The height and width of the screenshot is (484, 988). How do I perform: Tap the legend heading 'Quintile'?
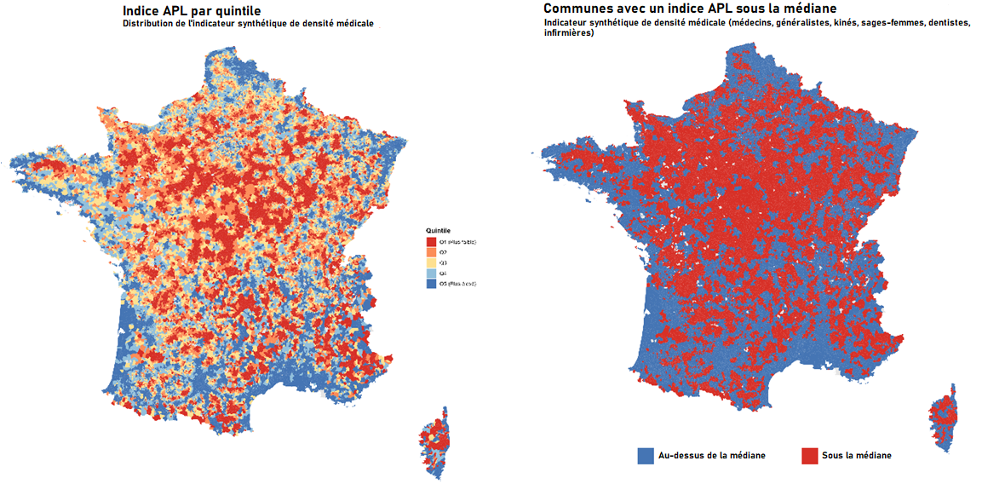(x=439, y=231)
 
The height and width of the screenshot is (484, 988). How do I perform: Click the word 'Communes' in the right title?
(x=578, y=9)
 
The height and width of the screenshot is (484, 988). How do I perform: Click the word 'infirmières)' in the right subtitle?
(x=569, y=34)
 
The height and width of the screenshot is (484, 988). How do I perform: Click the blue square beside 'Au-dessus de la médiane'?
(x=646, y=456)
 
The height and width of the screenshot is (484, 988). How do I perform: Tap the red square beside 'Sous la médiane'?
(x=810, y=456)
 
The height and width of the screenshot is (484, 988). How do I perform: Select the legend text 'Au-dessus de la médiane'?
(x=712, y=456)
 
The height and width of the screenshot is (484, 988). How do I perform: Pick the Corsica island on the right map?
(x=943, y=418)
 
